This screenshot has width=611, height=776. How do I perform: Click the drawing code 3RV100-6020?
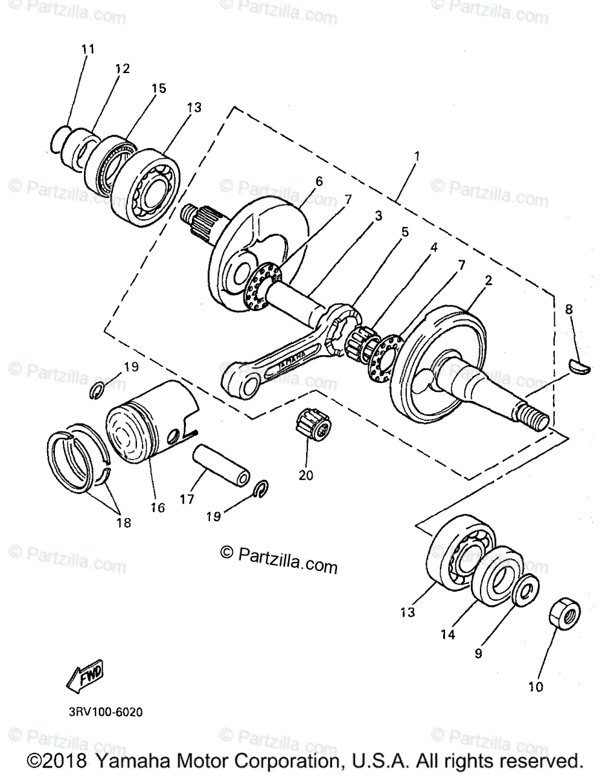[105, 713]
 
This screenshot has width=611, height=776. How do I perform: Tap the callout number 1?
[417, 156]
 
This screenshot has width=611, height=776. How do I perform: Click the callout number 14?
[448, 635]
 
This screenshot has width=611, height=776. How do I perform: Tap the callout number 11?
[88, 48]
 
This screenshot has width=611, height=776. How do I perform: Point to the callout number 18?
[123, 523]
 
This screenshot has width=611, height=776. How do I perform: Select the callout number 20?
[305, 475]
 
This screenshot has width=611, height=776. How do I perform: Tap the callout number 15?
[159, 88]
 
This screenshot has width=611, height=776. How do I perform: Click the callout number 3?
[378, 215]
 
